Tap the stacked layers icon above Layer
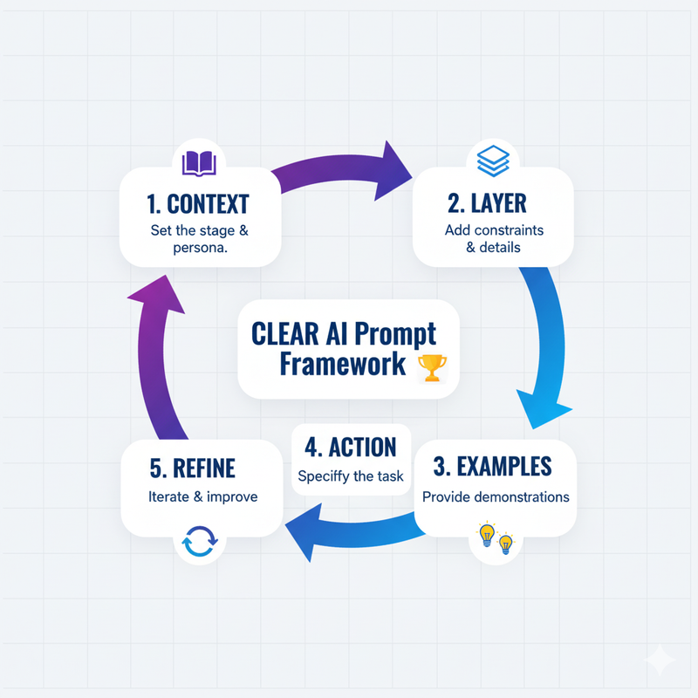(x=493, y=161)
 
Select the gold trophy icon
(x=432, y=366)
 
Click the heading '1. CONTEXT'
(x=198, y=205)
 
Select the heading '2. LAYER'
(x=493, y=205)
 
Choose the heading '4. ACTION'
(x=350, y=447)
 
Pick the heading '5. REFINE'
(x=192, y=469)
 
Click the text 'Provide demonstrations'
(x=495, y=496)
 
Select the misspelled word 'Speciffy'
(x=325, y=476)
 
